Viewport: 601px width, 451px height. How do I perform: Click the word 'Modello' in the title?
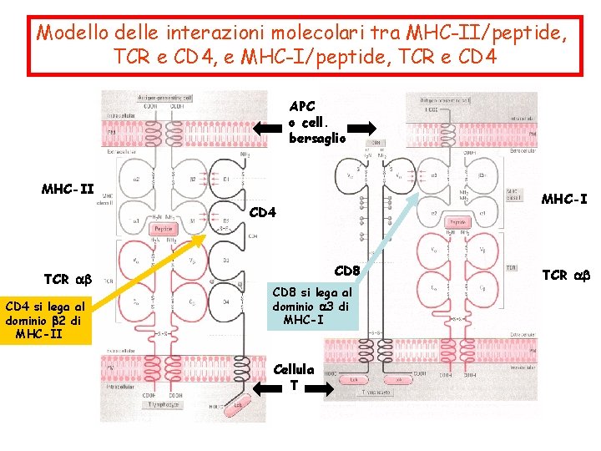72,33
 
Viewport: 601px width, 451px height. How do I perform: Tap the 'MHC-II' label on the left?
68,189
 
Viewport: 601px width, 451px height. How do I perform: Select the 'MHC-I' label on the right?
565,199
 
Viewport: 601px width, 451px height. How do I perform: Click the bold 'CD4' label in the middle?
263,212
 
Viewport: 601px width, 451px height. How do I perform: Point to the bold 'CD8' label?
346,271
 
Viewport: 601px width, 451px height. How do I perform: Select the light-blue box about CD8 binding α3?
312,306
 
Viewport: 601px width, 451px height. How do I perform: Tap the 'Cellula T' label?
299,377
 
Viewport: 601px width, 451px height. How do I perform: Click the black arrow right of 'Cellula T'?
321,388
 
